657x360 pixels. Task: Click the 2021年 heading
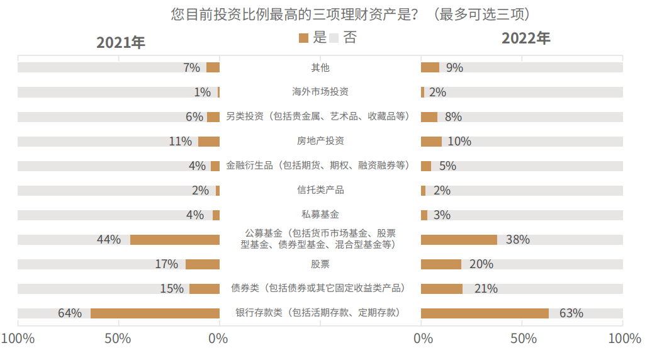pyautogui.click(x=120, y=42)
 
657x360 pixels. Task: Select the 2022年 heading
pyautogui.click(x=525, y=38)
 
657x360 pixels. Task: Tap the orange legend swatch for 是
pyautogui.click(x=304, y=38)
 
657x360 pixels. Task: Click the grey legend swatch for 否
pyautogui.click(x=334, y=38)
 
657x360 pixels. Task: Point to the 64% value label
pyautogui.click(x=70, y=313)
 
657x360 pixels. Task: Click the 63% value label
pyautogui.click(x=571, y=313)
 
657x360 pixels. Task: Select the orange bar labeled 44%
pyautogui.click(x=175, y=240)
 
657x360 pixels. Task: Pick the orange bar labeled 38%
pyautogui.click(x=459, y=240)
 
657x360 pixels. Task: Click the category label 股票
pyautogui.click(x=320, y=264)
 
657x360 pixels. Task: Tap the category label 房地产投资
pyautogui.click(x=320, y=141)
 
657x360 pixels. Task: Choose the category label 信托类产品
pyautogui.click(x=320, y=190)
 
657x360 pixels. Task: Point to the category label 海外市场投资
pyautogui.click(x=320, y=92)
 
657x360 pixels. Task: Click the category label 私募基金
pyautogui.click(x=320, y=215)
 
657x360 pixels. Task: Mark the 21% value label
pyautogui.click(x=485, y=288)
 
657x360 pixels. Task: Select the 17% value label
pyautogui.click(x=167, y=264)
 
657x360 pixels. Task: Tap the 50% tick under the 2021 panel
pyautogui.click(x=118, y=339)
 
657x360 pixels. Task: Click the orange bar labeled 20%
pyautogui.click(x=441, y=264)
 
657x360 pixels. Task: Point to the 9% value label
pyautogui.click(x=454, y=67)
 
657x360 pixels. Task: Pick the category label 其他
pyautogui.click(x=320, y=67)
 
